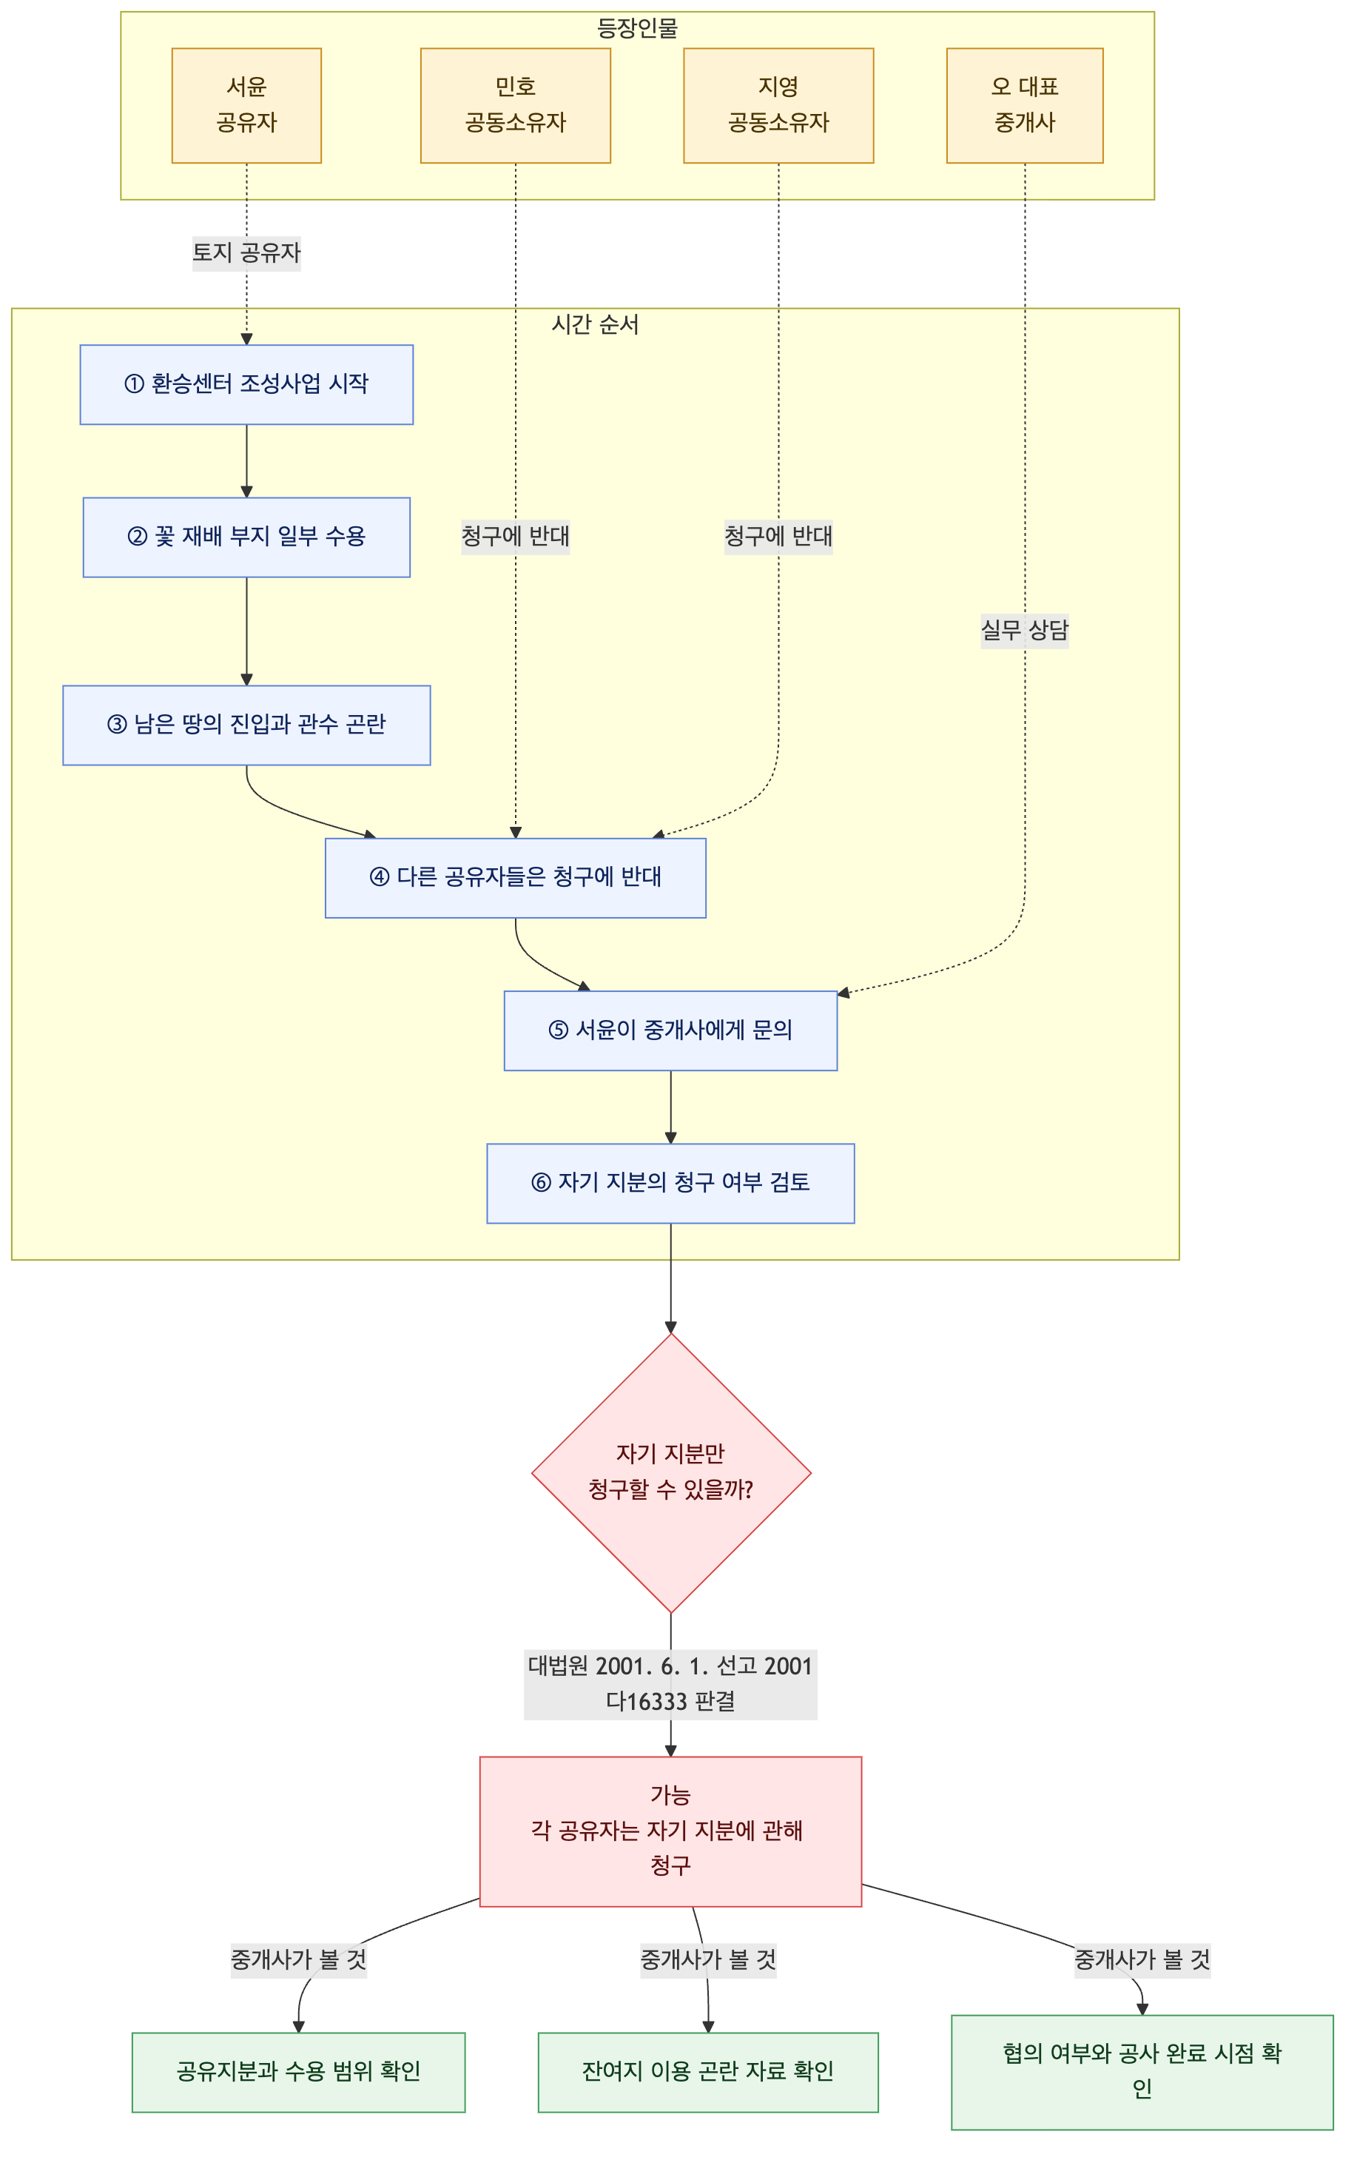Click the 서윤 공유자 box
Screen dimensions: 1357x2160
pos(246,105)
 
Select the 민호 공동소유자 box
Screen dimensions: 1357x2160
pos(516,105)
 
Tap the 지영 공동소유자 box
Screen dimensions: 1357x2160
pos(778,105)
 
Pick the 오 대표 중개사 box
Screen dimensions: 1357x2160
pos(1026,105)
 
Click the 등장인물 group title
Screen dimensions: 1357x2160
pos(638,29)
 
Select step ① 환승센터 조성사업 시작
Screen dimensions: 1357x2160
pos(246,385)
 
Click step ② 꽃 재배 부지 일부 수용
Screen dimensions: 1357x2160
pos(246,537)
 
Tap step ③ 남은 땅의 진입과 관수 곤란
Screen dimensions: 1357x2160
pos(246,725)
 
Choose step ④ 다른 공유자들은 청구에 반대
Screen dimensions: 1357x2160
pos(516,878)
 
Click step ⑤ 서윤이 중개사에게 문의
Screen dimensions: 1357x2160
pos(671,1030)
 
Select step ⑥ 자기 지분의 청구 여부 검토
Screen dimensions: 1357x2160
pos(671,1183)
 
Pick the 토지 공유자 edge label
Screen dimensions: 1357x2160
pos(246,253)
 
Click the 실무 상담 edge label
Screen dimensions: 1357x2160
pos(1026,631)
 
